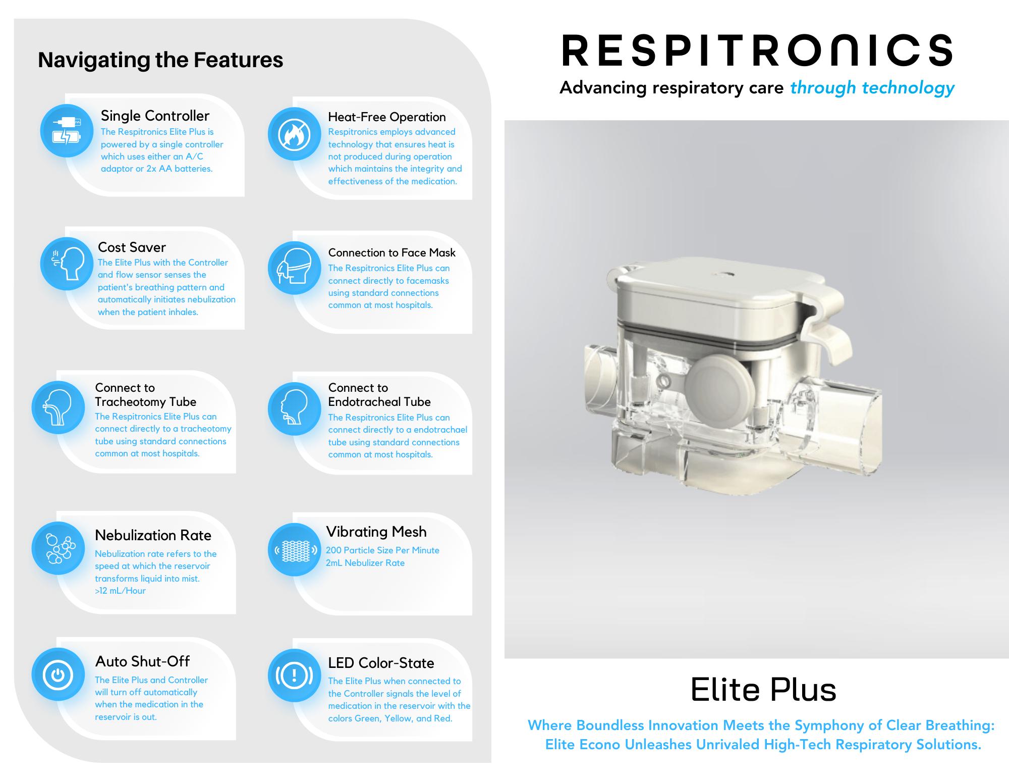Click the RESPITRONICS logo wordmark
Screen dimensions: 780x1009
coord(757,50)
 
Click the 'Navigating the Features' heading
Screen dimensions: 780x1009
coord(160,60)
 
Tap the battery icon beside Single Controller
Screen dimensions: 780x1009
coord(67,131)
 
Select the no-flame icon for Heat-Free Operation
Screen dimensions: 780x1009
coord(294,134)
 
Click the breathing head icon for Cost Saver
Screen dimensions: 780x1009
coord(67,264)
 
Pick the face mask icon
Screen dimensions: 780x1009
coord(294,268)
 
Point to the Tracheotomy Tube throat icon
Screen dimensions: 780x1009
coord(58,407)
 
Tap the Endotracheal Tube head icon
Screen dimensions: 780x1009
coord(294,408)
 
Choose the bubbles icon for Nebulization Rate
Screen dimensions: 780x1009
coord(58,548)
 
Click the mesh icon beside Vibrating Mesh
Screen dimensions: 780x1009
coord(294,549)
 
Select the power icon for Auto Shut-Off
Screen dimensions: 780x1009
coord(58,674)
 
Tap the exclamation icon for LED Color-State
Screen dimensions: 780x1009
coord(294,675)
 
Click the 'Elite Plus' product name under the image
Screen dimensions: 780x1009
coord(763,690)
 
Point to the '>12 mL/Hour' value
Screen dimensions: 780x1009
coord(120,591)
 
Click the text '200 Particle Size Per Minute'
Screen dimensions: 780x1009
coord(382,550)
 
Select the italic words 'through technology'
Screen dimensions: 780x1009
coord(872,88)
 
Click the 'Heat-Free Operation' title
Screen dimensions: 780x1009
coord(386,117)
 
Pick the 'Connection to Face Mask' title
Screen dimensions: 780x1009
coord(391,252)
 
